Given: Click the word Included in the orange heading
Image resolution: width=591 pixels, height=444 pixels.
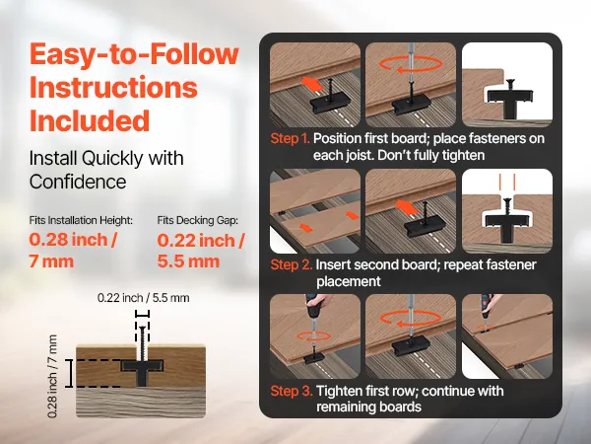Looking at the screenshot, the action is coord(90,120).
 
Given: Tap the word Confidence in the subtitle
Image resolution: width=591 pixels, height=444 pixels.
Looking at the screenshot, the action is coord(78,182).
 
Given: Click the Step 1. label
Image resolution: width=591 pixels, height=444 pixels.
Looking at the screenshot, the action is coord(291,138).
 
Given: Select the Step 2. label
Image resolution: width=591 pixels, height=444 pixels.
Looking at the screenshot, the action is coord(292,264).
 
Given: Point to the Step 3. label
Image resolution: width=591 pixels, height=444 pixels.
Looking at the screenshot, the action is coord(292,391).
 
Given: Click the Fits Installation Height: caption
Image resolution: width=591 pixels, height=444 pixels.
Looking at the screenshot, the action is coord(81,220).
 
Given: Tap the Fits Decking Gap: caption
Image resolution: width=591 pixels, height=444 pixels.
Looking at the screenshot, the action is coord(198,220).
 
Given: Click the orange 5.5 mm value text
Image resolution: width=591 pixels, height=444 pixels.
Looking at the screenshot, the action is coord(188,261).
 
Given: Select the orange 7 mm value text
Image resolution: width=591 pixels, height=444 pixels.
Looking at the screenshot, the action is coord(51,261).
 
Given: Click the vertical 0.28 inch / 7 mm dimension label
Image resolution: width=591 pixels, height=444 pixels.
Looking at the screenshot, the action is coord(53,376).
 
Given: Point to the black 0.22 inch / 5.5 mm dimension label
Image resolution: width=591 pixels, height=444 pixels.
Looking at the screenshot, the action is coord(143,298).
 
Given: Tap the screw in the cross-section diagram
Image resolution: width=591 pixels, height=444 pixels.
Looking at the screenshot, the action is coord(143,342).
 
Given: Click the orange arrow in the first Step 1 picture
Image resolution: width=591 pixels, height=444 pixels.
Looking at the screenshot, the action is coord(313,84).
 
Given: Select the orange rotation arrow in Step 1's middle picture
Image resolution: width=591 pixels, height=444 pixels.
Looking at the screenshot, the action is coord(411,64).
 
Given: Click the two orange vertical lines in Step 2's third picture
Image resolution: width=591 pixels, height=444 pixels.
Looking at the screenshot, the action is coord(507,182).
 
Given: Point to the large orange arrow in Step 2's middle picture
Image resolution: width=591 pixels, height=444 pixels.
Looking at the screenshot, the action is coord(408,207).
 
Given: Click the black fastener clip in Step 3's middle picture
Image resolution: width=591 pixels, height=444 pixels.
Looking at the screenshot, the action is coord(411,345).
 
